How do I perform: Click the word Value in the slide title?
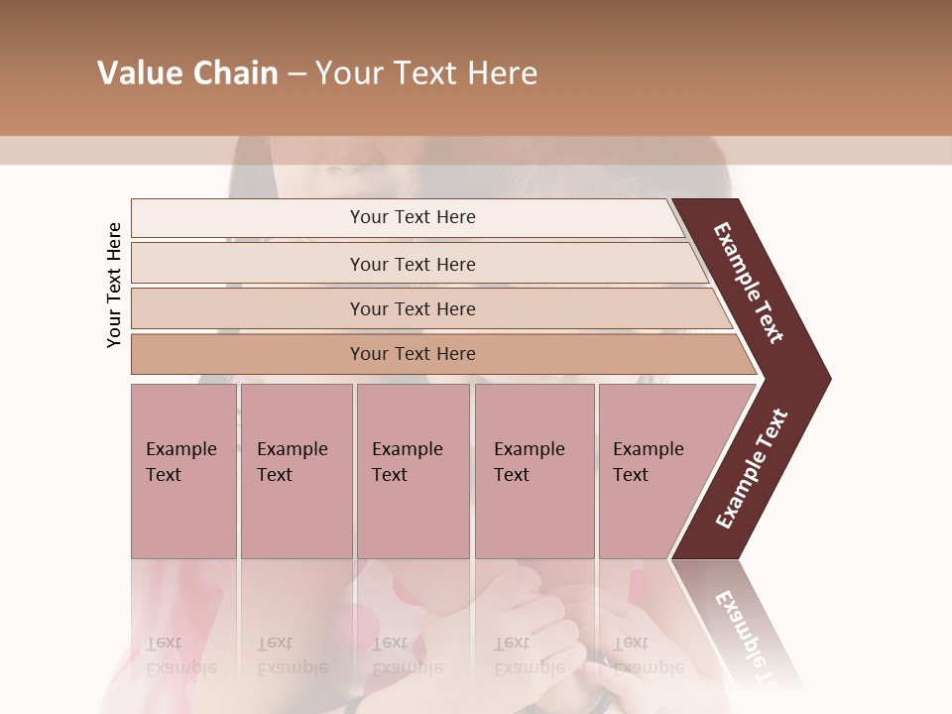tap(138, 73)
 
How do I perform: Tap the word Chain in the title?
tap(233, 73)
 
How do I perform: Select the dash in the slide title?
tap(297, 74)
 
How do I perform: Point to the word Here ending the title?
tap(502, 73)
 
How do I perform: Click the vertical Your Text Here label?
tap(114, 285)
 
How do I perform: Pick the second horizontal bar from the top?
tap(412, 264)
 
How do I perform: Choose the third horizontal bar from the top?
tap(412, 308)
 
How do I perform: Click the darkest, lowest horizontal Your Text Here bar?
tap(412, 354)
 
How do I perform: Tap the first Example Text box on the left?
tap(183, 470)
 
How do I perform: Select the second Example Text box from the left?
tap(296, 470)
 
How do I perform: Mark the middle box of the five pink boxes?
tap(413, 470)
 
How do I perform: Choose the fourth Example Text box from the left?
tap(534, 470)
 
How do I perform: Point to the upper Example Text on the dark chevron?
tap(749, 283)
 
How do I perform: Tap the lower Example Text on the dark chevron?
tap(752, 468)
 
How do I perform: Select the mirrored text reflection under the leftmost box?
tap(180, 655)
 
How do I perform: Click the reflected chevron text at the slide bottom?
tap(750, 635)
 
